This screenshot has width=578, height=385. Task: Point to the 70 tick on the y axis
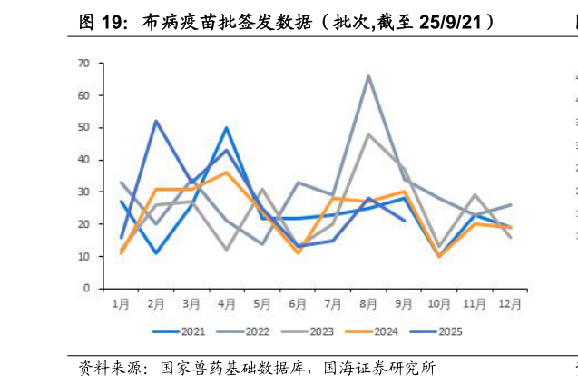tap(84, 63)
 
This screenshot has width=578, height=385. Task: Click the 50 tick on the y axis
tap(84, 127)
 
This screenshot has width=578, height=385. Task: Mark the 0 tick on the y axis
tap(87, 289)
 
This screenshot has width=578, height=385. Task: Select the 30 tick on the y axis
tap(84, 192)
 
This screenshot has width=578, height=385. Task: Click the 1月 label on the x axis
tap(121, 303)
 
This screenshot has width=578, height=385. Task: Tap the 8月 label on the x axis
tap(369, 303)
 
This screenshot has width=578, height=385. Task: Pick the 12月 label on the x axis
tap(511, 303)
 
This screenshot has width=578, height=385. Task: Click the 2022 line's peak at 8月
tap(369, 75)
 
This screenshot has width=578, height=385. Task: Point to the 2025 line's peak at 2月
tap(156, 121)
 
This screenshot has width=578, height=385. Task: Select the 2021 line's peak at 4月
tap(227, 127)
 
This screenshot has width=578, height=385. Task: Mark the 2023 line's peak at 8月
tap(369, 133)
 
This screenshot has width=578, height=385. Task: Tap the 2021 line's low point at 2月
tap(156, 252)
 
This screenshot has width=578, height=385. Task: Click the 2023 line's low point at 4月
tap(227, 250)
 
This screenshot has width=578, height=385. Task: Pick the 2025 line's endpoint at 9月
tap(405, 221)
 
